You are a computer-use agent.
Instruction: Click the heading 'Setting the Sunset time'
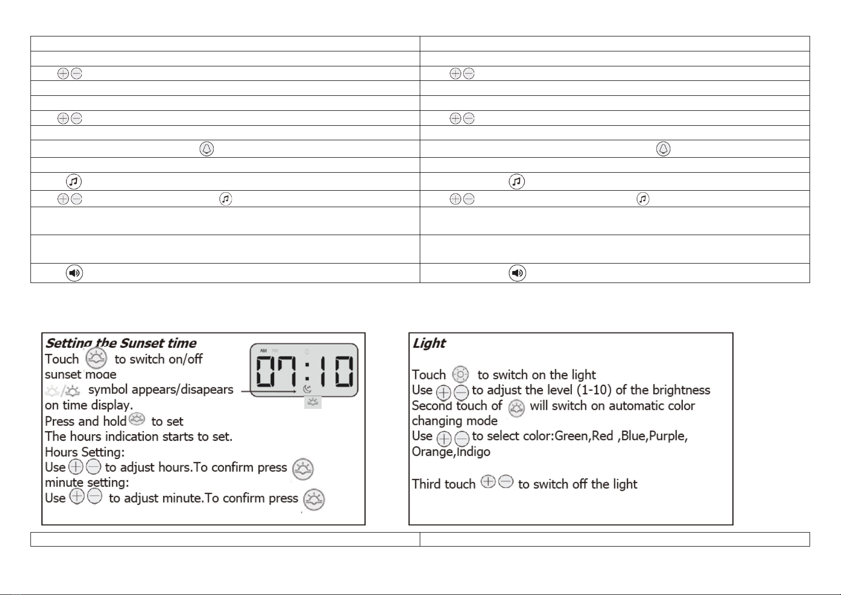click(121, 343)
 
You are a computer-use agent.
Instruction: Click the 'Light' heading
click(429, 343)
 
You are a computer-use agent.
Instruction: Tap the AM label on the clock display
click(264, 350)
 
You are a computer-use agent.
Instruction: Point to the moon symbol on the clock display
click(307, 389)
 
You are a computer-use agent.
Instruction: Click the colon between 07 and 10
click(307, 371)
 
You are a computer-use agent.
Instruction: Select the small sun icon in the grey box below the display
click(312, 402)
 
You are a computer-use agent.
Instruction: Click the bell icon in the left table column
click(207, 149)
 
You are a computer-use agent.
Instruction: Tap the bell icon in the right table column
click(663, 149)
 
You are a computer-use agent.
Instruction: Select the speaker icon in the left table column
click(74, 273)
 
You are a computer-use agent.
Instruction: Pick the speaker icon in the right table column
click(518, 273)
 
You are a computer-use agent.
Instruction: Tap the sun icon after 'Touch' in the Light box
click(460, 374)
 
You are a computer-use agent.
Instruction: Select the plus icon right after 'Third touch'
click(488, 481)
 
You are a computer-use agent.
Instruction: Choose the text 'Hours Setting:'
click(85, 452)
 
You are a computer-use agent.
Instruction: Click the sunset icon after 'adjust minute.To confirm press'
click(314, 500)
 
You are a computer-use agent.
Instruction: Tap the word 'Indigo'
click(474, 452)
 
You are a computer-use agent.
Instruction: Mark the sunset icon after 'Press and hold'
click(137, 419)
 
